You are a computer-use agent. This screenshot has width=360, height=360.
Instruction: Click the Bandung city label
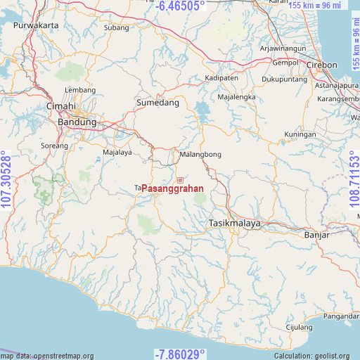[77, 122]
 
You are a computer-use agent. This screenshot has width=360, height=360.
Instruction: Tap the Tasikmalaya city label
[235, 224]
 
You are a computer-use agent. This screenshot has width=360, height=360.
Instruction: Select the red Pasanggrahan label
[172, 188]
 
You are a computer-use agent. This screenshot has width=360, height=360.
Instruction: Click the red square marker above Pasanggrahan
[180, 180]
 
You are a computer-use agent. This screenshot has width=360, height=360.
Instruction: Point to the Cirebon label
[323, 65]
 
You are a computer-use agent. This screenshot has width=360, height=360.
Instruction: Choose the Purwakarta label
[35, 25]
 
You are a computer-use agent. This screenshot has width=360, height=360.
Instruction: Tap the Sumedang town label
[157, 103]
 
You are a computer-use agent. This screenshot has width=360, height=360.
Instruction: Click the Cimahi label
[60, 106]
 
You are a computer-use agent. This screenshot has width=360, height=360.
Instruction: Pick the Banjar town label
[316, 235]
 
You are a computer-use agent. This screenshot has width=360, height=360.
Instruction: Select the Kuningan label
[300, 134]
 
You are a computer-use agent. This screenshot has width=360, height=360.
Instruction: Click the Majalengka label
[236, 96]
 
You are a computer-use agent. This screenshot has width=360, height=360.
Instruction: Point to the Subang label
[116, 28]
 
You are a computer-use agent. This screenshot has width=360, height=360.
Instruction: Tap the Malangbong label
[200, 154]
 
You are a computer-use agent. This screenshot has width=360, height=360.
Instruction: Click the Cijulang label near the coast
[299, 328]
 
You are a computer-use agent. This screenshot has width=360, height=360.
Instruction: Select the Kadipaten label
[221, 78]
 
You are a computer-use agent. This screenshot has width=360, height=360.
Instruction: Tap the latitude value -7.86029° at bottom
[180, 354]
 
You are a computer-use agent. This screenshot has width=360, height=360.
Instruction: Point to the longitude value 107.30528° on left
[6, 180]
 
